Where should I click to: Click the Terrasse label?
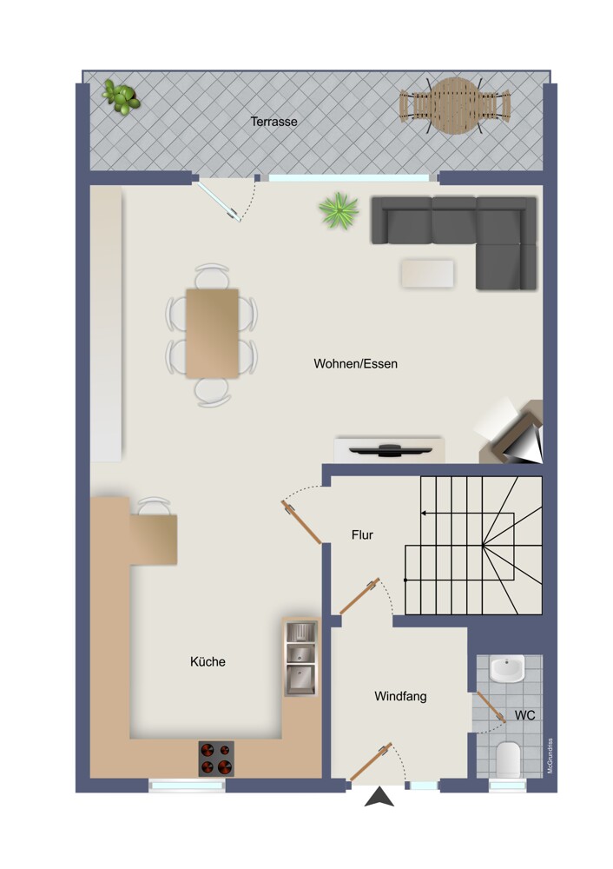[274, 122]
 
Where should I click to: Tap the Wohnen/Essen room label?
[355, 363]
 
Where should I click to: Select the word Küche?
[208, 661]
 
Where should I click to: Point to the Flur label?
[362, 534]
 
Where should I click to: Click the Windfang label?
[400, 696]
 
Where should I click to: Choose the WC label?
[525, 715]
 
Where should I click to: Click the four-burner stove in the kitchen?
[216, 759]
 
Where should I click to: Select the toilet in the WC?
[508, 760]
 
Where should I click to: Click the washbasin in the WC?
[508, 669]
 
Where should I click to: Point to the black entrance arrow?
[379, 797]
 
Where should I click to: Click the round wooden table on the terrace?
[455, 105]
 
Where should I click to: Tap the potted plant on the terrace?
[120, 97]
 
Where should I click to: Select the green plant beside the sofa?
[338, 210]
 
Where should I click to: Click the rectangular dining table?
[212, 334]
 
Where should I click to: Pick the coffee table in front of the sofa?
[427, 274]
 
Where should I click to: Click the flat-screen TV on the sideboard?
[391, 449]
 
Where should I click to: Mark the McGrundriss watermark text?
[550, 755]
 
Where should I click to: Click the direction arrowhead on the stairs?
[424, 514]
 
